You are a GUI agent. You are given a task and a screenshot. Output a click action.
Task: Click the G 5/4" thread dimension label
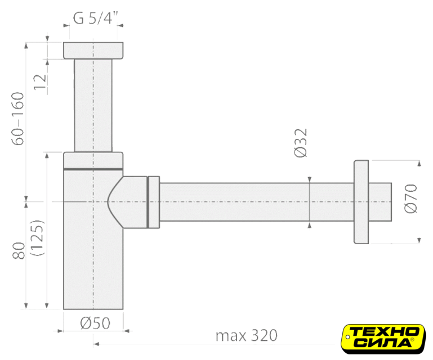95,18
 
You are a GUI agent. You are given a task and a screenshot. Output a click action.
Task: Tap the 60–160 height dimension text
18,119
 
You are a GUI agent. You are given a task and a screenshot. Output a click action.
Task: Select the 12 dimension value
40,82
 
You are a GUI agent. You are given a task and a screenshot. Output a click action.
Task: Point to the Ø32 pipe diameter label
301,143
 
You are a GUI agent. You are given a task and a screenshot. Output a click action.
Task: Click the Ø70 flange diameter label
410,199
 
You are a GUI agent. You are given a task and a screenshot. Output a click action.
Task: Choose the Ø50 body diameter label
95,323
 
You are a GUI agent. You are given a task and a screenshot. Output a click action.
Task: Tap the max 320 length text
246,336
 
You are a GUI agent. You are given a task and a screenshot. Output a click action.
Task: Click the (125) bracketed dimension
37,238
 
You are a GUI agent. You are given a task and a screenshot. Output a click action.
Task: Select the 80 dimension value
19,250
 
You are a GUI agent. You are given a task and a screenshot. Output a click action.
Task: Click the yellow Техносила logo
383,339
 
